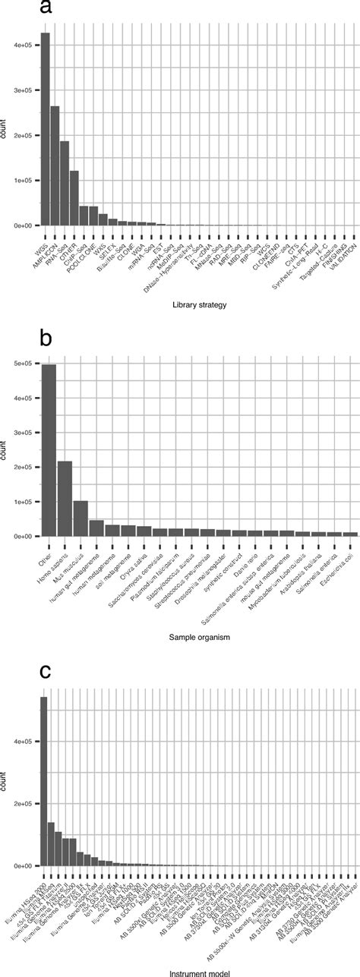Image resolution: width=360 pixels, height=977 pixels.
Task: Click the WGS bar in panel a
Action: [x=45, y=129]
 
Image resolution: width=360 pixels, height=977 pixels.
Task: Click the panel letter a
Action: [x=46, y=9]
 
